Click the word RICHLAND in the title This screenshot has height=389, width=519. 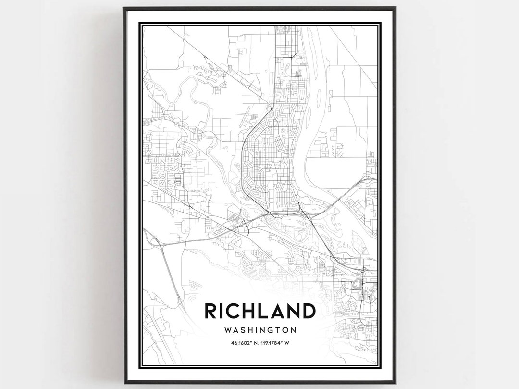260,312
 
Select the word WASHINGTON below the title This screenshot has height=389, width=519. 260,330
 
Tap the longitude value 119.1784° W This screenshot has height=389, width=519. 278,343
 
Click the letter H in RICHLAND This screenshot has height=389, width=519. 247,312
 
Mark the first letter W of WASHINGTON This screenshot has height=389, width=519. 228,330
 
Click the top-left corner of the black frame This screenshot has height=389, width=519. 124,8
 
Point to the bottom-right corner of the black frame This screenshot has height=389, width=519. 395,383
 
